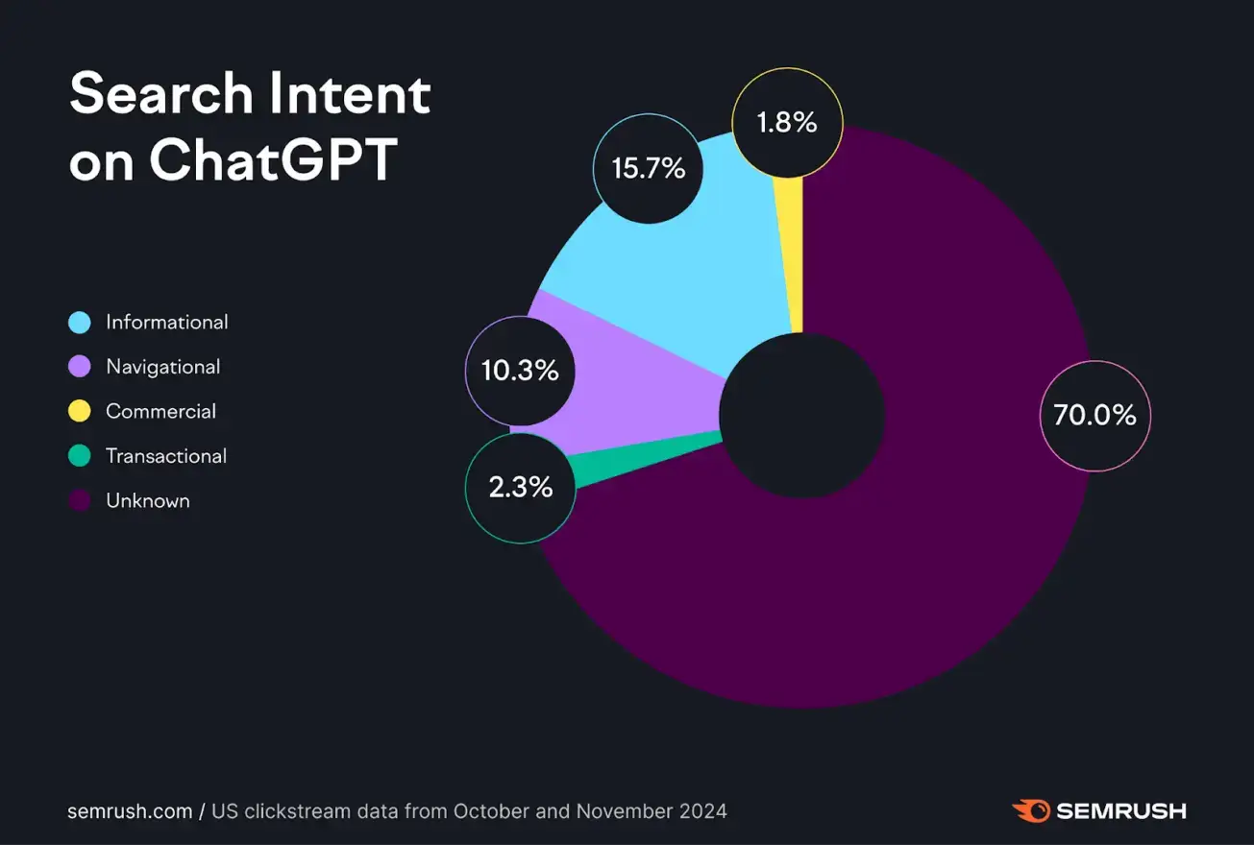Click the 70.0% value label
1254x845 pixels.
click(x=1094, y=416)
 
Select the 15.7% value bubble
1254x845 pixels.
click(x=649, y=169)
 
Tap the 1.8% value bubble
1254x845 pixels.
click(x=787, y=123)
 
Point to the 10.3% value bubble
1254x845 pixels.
click(x=520, y=371)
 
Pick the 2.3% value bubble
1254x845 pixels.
click(x=520, y=488)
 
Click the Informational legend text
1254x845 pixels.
click(x=166, y=323)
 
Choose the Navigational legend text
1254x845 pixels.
click(x=162, y=367)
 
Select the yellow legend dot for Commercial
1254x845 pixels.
click(x=80, y=412)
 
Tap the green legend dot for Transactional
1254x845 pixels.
click(x=80, y=456)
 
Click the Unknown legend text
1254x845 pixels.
click(x=147, y=501)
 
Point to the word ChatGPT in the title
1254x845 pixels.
click(x=273, y=160)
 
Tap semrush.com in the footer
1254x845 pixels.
click(x=130, y=811)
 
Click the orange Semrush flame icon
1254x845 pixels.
click(x=1030, y=811)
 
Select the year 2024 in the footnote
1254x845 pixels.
click(x=702, y=811)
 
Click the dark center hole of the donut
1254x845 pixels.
click(x=801, y=416)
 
